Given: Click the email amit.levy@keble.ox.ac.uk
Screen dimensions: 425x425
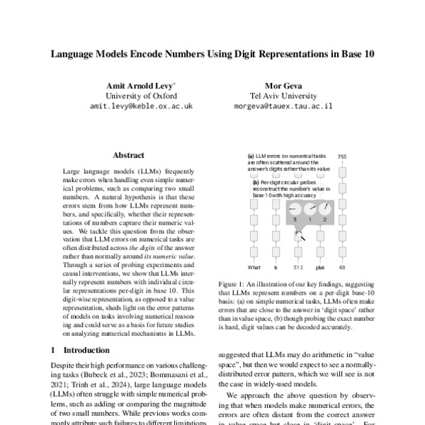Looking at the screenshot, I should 141,106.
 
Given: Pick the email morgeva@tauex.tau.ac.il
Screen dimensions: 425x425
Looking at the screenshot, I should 282,106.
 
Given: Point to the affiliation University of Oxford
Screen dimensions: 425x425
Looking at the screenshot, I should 140,95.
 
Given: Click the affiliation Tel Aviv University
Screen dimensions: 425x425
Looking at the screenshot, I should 281,95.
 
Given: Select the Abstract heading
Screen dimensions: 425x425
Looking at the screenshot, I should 128,155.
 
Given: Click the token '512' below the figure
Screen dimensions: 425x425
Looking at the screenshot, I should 298,267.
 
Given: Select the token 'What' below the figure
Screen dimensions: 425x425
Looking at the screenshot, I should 254,267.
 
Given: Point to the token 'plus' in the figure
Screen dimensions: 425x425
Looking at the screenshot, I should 320,267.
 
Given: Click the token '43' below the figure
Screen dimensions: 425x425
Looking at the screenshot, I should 342,267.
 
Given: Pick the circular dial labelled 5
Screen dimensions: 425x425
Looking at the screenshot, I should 292,209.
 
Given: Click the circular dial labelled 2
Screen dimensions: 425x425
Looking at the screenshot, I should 324,209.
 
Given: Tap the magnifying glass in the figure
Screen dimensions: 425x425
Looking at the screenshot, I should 300,236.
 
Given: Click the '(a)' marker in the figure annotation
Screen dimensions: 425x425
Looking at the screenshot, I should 251,156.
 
